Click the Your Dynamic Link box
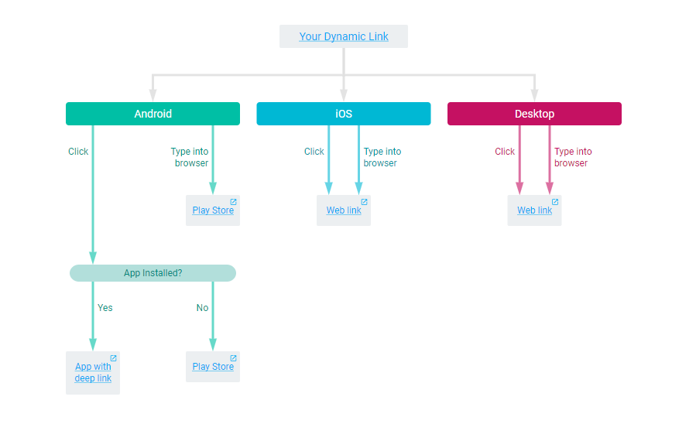tap(344, 36)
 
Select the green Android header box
tap(153, 114)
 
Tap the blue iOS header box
tap(343, 114)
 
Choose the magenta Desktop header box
tap(534, 114)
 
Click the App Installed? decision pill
tap(153, 273)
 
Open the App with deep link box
tap(93, 372)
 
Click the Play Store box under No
tap(213, 367)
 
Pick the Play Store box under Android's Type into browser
tap(213, 210)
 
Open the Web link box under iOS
tap(344, 210)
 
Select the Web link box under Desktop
tap(534, 210)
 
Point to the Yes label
tap(105, 308)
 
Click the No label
tap(202, 308)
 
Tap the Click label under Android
tap(78, 152)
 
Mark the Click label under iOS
tap(314, 152)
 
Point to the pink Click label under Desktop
tap(505, 152)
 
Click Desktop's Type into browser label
tap(573, 157)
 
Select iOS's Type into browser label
tap(382, 157)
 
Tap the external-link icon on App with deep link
tap(113, 358)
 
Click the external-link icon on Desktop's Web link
tap(554, 202)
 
